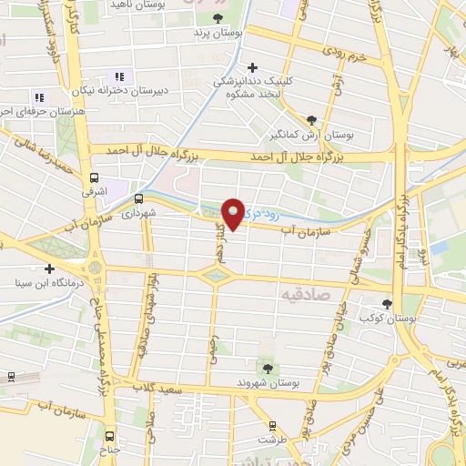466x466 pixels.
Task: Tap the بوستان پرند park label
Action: (x=213, y=33)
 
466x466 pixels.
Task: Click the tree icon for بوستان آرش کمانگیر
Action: (x=312, y=119)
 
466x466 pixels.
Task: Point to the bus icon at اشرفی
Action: (x=95, y=178)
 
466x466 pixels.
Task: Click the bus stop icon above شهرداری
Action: (x=139, y=198)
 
